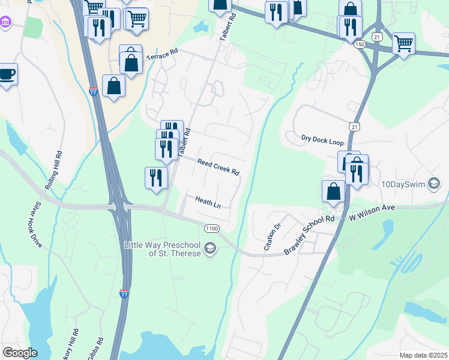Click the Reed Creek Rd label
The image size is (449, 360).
click(218, 166)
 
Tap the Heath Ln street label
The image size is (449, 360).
click(208, 202)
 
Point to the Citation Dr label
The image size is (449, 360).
click(272, 237)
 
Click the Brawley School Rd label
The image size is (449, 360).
click(309, 235)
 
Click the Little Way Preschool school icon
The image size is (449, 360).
click(210, 248)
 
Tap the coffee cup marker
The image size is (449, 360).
click(7, 74)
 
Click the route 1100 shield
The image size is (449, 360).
click(211, 229)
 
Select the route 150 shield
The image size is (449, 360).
click(360, 45)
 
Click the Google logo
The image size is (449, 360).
click(20, 353)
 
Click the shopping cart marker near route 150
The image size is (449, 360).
click(403, 43)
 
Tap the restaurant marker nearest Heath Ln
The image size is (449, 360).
click(155, 178)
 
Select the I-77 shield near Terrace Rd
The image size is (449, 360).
click(93, 92)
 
